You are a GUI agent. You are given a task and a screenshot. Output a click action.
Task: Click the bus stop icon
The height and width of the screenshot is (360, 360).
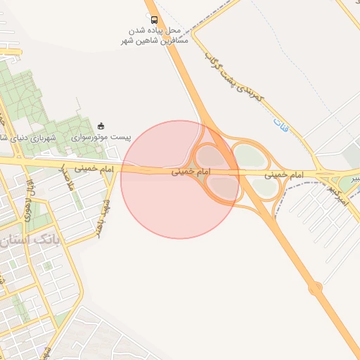coord(155,20)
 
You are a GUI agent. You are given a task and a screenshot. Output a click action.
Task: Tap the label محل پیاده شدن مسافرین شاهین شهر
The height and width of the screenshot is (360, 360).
coord(155,37)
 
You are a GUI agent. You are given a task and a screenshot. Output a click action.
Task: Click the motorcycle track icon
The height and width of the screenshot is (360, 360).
coord(101,127)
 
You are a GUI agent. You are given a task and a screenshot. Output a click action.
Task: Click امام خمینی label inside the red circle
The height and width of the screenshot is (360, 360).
coord(191,172)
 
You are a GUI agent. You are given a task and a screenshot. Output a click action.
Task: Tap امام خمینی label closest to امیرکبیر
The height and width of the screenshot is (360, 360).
coord(288,172)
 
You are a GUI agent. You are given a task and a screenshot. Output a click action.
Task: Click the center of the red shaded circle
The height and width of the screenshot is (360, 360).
coord(180,179)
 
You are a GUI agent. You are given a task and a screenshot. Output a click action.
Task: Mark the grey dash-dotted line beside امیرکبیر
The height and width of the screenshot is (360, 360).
coord(309,184)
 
